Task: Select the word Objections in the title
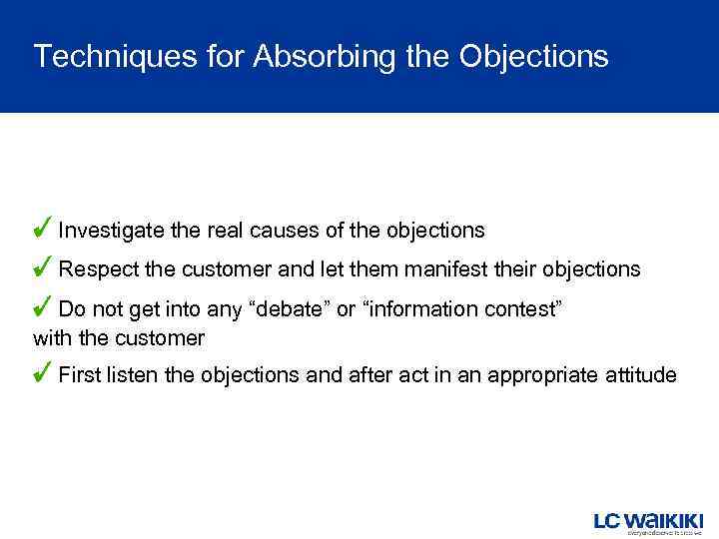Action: tap(533, 57)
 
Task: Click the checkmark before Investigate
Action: tap(43, 229)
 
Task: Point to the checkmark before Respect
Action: tap(43, 268)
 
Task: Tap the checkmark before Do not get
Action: tap(43, 307)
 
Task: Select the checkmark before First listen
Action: tap(43, 374)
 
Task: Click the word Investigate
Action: tap(111, 231)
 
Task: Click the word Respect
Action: tap(94, 269)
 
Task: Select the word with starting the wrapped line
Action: tap(53, 338)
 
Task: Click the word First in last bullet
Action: tap(78, 376)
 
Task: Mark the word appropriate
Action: tap(545, 376)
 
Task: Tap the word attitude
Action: tap(640, 376)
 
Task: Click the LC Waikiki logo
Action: tap(649, 521)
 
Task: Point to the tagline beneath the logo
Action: tap(664, 533)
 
